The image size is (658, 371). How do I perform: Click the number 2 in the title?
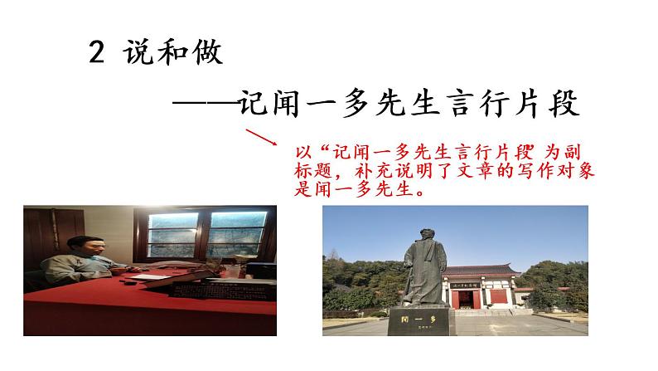(x=96, y=55)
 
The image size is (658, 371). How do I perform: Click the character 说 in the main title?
(x=138, y=55)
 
